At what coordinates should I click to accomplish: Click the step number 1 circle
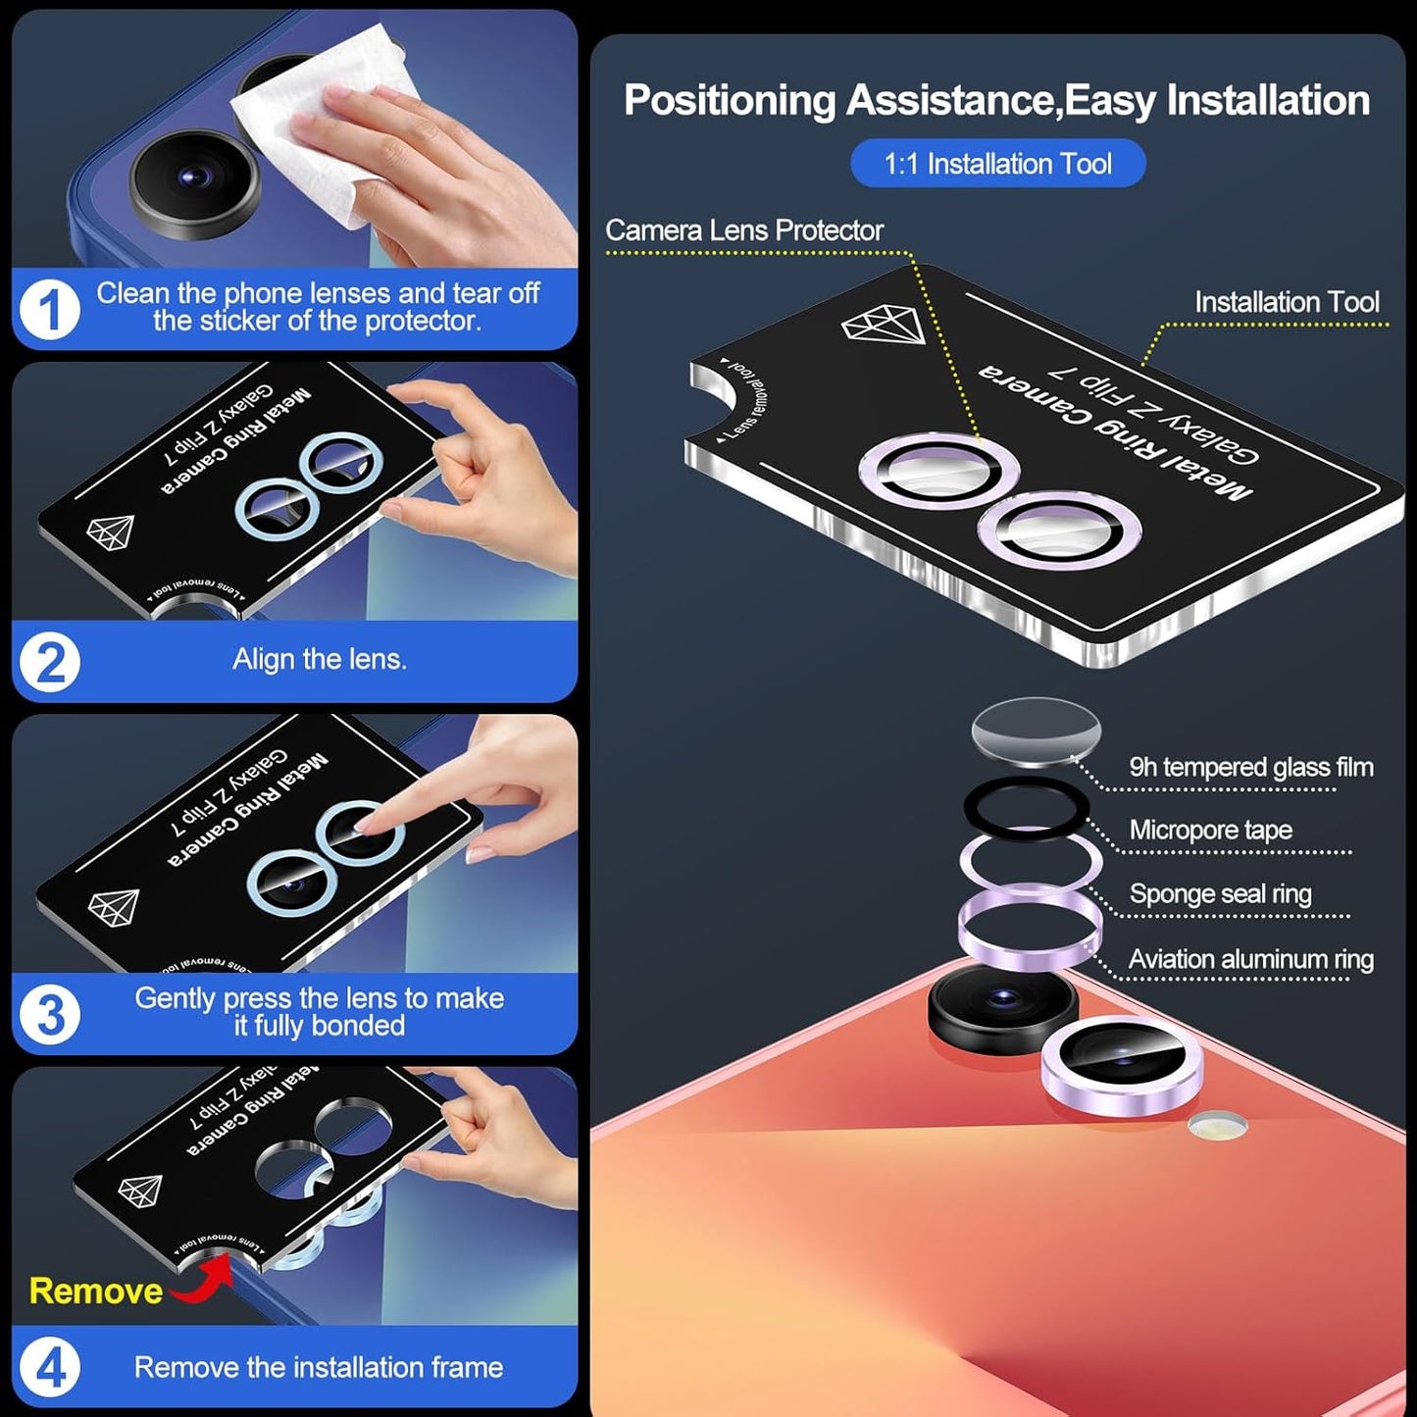pyautogui.click(x=49, y=309)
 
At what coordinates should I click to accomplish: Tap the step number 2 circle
pyautogui.click(x=50, y=662)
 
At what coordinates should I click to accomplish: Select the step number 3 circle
pyautogui.click(x=50, y=1014)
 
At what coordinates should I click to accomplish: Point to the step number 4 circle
pyautogui.click(x=50, y=1367)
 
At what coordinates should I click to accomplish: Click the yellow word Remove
pyautogui.click(x=95, y=1291)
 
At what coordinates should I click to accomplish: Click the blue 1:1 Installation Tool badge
pyautogui.click(x=997, y=163)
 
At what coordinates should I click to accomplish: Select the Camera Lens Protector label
pyautogui.click(x=744, y=230)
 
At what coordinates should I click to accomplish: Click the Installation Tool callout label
pyautogui.click(x=1287, y=302)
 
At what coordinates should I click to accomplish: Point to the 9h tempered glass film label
pyautogui.click(x=1250, y=767)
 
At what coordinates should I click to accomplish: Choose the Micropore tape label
pyautogui.click(x=1210, y=831)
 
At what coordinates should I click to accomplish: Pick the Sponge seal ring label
pyautogui.click(x=1220, y=894)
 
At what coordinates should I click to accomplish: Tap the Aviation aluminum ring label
pyautogui.click(x=1250, y=959)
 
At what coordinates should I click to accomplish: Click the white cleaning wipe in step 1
pyautogui.click(x=324, y=127)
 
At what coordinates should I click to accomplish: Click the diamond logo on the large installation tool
pyautogui.click(x=885, y=325)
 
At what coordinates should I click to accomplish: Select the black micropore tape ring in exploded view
pyautogui.click(x=1026, y=807)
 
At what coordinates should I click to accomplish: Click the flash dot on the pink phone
pyautogui.click(x=1217, y=1126)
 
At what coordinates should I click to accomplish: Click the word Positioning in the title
pyautogui.click(x=729, y=101)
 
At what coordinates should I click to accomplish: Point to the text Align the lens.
pyautogui.click(x=320, y=659)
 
